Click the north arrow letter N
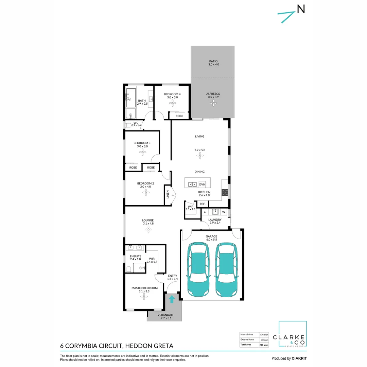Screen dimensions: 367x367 click(x=301, y=9)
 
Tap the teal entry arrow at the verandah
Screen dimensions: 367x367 click(x=172, y=299)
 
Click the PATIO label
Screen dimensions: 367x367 click(x=213, y=62)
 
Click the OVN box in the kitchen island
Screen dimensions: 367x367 click(x=202, y=184)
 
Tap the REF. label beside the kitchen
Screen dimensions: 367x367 click(x=202, y=204)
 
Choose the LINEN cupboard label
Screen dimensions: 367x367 click(x=168, y=195)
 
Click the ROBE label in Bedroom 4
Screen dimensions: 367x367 click(x=179, y=116)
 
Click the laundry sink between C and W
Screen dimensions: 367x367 click(x=215, y=212)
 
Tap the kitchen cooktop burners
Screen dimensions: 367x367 click(x=225, y=192)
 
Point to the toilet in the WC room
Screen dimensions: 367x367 click(x=128, y=125)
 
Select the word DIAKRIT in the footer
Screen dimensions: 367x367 click(x=299, y=359)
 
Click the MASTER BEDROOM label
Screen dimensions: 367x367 click(x=144, y=288)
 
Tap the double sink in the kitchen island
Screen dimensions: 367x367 click(x=192, y=184)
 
